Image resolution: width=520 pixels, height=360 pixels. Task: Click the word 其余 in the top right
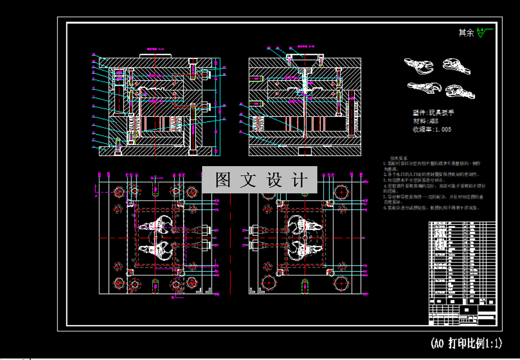pyautogui.click(x=466, y=33)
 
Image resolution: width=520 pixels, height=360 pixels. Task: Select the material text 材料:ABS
pyautogui.click(x=426, y=121)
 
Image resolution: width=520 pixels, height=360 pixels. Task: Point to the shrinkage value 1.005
pyautogui.click(x=442, y=130)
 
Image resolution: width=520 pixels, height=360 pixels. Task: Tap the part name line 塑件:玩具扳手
pyautogui.click(x=433, y=113)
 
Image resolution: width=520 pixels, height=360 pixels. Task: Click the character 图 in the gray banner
pyautogui.click(x=223, y=180)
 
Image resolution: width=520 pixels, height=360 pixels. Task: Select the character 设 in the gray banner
pyautogui.click(x=273, y=180)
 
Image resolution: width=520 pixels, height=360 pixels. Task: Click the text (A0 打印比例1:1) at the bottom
pyautogui.click(x=466, y=343)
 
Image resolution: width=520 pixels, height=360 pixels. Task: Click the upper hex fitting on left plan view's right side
pyautogui.click(x=203, y=230)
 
